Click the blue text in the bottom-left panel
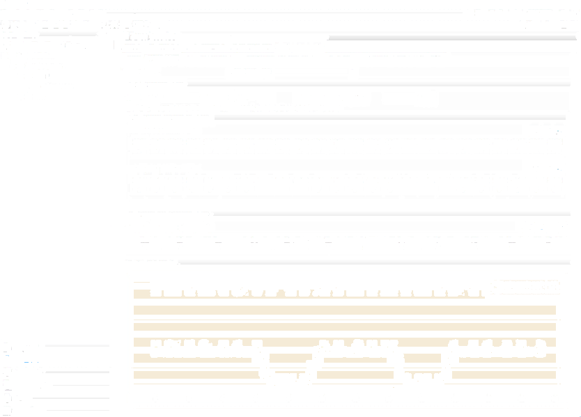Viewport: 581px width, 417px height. (26, 363)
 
